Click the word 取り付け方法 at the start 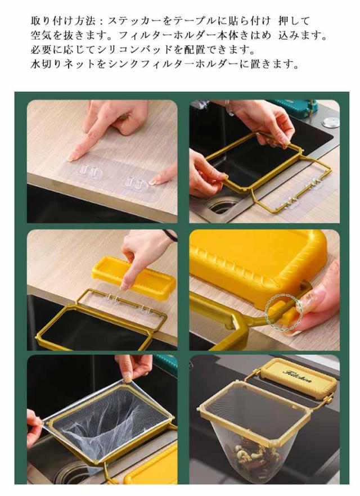[x=63, y=21]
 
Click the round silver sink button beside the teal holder [x=330, y=122]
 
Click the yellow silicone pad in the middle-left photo [x=134, y=277]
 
